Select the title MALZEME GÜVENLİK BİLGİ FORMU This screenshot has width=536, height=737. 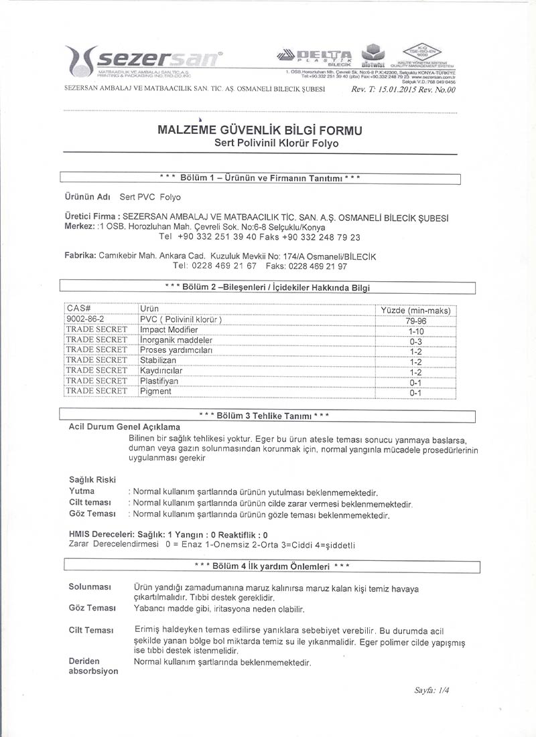pos(259,131)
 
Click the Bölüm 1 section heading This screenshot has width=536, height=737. pos(261,178)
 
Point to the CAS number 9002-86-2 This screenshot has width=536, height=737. pos(86,319)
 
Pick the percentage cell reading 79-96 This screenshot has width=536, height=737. pos(415,321)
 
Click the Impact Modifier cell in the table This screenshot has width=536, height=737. pos(169,330)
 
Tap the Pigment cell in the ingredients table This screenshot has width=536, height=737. pos(156,392)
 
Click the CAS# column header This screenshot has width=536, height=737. pos(79,309)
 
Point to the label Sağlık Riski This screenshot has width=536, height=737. pos(92,479)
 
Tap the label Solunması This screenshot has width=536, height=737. pos(89,587)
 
